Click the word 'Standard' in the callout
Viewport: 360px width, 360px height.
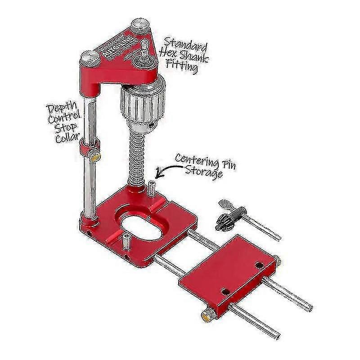pos(186,46)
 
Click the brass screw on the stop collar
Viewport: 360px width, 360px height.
pos(95,157)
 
